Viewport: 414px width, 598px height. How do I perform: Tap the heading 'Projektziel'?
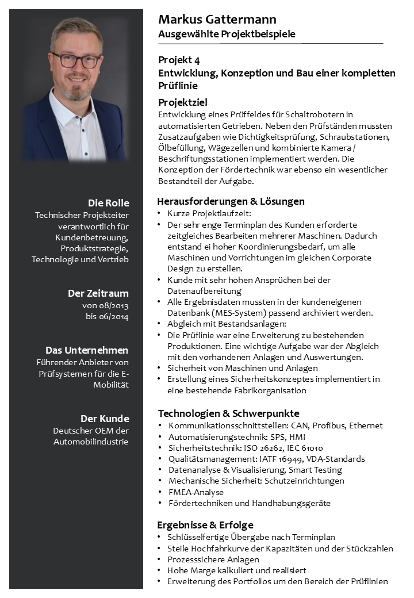click(183, 102)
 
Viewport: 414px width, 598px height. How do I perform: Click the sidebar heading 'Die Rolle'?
click(108, 203)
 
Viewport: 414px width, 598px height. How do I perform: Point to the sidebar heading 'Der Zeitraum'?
click(98, 293)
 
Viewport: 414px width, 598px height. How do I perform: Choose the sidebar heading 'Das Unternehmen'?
click(87, 350)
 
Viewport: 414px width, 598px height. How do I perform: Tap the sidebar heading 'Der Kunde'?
click(105, 419)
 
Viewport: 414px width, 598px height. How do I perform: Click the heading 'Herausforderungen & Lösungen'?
click(231, 201)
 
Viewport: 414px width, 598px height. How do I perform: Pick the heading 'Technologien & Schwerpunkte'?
click(228, 413)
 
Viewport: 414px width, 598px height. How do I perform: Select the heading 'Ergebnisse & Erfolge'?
click(205, 525)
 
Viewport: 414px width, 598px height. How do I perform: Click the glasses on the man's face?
click(76, 60)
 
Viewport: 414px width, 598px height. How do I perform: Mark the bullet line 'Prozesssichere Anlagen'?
click(213, 559)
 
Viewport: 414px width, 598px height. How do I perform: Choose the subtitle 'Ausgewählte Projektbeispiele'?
click(227, 34)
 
